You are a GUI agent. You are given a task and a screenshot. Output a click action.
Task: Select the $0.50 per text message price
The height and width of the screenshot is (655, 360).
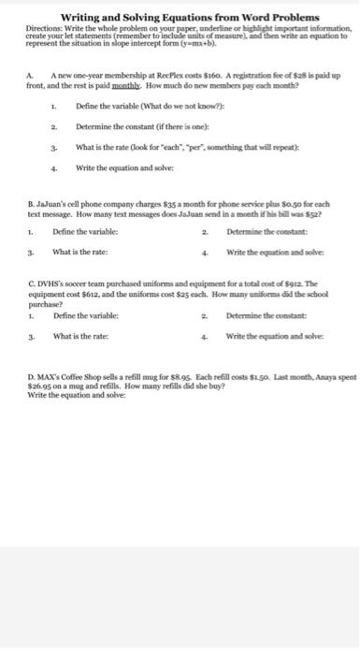coord(295,200)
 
